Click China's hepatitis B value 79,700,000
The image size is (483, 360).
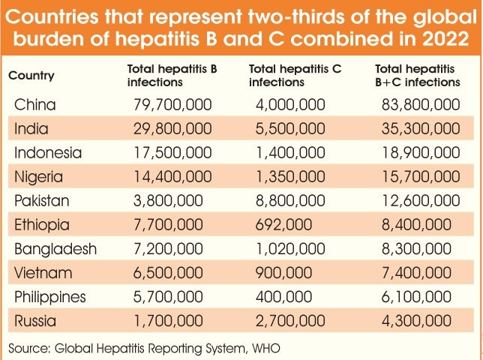(170, 104)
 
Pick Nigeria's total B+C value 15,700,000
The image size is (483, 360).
(420, 177)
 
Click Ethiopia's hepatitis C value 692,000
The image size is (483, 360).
(277, 226)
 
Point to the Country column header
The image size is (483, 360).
(31, 76)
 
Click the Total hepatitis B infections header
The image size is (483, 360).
(172, 76)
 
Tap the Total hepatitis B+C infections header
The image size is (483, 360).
(417, 76)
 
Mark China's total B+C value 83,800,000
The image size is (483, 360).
(420, 104)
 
